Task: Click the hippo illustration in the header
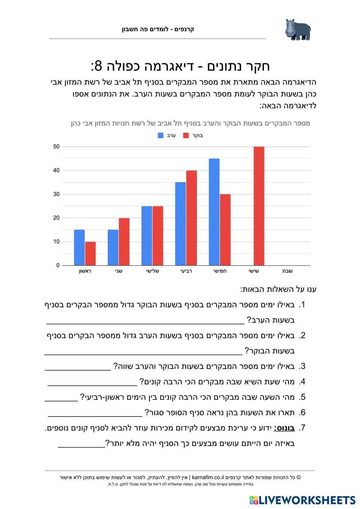(x=298, y=30)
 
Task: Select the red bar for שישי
(x=259, y=206)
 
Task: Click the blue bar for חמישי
(x=214, y=212)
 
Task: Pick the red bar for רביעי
(x=192, y=218)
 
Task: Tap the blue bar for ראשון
(x=79, y=247)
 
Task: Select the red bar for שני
(x=124, y=242)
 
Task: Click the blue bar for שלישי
(x=147, y=236)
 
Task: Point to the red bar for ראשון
(x=90, y=253)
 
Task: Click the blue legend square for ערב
(x=161, y=136)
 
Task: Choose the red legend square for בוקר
(x=186, y=136)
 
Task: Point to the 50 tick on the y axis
(x=56, y=147)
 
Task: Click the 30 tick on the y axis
(x=56, y=194)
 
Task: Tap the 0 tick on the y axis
(x=58, y=265)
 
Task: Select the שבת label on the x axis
(x=287, y=271)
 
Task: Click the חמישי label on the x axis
(x=220, y=271)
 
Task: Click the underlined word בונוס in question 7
(x=284, y=428)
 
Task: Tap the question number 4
(x=302, y=382)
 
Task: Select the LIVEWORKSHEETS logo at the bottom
(x=302, y=500)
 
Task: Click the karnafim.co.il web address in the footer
(x=208, y=478)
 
